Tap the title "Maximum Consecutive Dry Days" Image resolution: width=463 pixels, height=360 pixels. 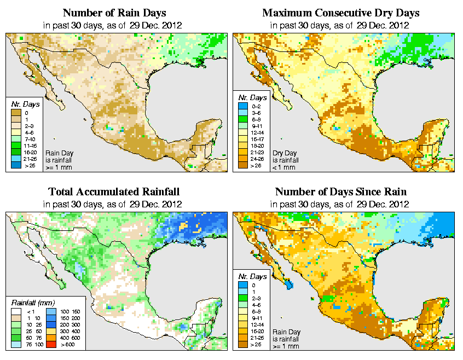click(341, 13)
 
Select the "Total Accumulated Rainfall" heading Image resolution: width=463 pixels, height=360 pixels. click(113, 192)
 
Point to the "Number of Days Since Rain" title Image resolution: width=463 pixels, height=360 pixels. click(341, 192)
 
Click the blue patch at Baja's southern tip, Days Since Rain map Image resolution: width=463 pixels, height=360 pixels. click(288, 284)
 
